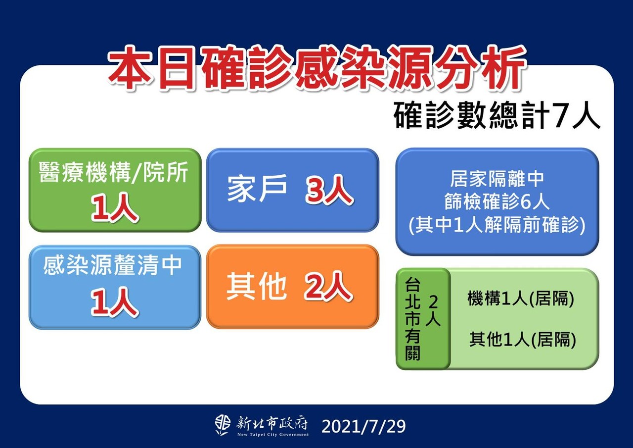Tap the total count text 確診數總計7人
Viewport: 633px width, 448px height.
tap(497, 116)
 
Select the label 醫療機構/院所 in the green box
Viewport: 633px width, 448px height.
tap(113, 172)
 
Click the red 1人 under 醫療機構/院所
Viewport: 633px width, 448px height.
tap(114, 207)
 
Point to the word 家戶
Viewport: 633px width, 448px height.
tap(257, 189)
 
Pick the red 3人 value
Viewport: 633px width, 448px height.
tap(329, 190)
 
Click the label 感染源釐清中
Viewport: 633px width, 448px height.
tap(112, 265)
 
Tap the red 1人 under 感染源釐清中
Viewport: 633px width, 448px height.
tap(114, 302)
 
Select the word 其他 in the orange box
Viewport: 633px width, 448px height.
tap(256, 286)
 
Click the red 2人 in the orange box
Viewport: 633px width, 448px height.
tap(328, 287)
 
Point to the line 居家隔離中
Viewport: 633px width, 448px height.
tap(497, 179)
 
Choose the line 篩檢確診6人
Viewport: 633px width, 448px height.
tap(497, 202)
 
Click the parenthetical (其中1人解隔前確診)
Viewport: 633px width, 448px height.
tap(497, 225)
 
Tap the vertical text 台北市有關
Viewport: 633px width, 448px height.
tap(412, 319)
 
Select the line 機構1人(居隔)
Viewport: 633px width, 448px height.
tap(521, 298)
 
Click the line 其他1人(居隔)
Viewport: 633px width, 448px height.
tap(523, 339)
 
